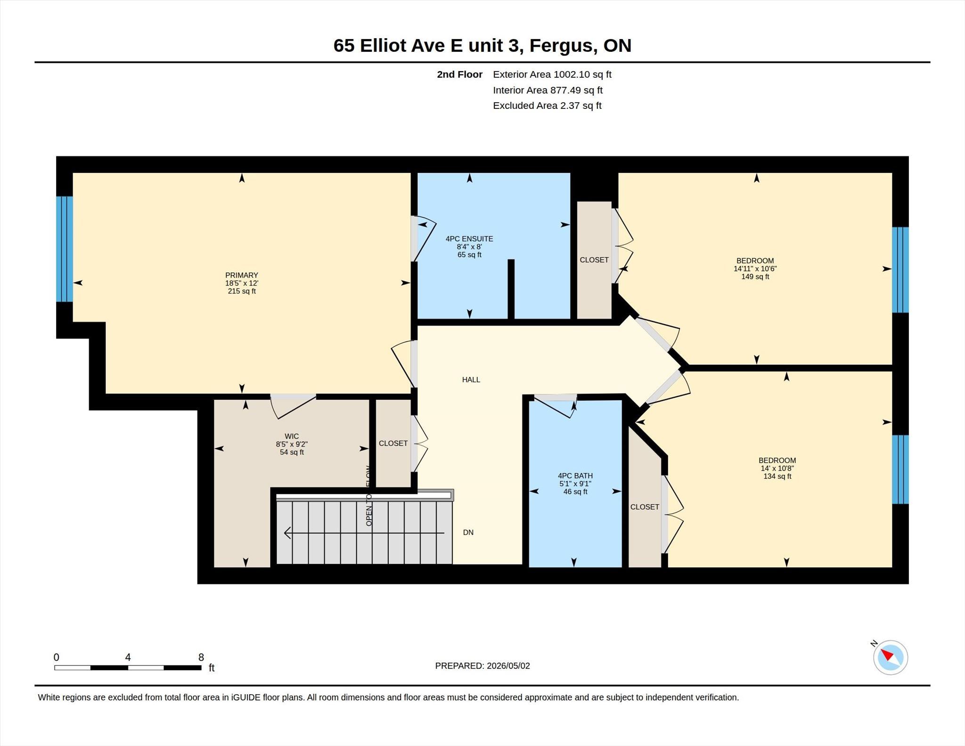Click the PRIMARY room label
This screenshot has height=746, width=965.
(x=242, y=275)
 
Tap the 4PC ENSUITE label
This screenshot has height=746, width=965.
(x=469, y=239)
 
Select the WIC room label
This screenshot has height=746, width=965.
(x=292, y=436)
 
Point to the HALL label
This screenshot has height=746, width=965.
(x=471, y=380)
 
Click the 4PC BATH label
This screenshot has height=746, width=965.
(x=575, y=476)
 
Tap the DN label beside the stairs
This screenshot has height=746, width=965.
(x=468, y=533)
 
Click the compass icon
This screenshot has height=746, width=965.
(x=890, y=657)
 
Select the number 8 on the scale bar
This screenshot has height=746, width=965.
(x=201, y=657)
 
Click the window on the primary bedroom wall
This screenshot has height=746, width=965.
(x=65, y=249)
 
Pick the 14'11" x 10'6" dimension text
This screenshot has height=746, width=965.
(x=755, y=269)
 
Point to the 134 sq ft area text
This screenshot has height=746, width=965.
(x=777, y=476)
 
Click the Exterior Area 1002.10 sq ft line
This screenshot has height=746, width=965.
(x=552, y=74)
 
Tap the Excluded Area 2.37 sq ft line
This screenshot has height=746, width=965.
(x=548, y=106)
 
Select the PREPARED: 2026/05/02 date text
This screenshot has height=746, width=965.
(x=482, y=666)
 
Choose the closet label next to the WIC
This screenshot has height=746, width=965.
(x=393, y=443)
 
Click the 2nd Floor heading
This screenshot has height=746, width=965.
(x=460, y=74)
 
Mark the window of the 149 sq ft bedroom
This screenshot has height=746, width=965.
(x=900, y=270)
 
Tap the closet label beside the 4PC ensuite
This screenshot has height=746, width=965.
(x=594, y=260)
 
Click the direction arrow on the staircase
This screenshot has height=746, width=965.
(x=364, y=533)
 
